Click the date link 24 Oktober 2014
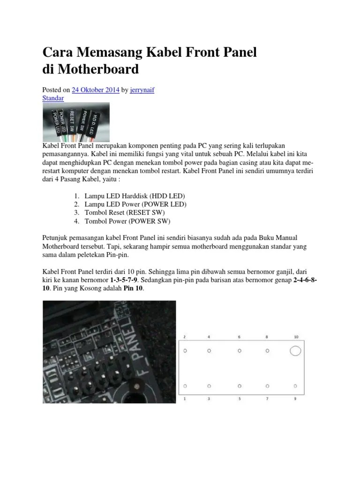click(x=96, y=90)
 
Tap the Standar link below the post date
click(x=53, y=98)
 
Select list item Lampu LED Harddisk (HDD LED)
click(x=135, y=195)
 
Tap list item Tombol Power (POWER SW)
click(x=127, y=221)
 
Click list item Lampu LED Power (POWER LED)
click(x=135, y=204)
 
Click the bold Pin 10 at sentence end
click(x=134, y=289)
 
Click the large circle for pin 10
click(x=295, y=351)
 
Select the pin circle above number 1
click(x=185, y=386)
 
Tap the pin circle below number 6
click(x=240, y=351)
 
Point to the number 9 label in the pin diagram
click(x=295, y=399)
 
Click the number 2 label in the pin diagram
click(x=185, y=337)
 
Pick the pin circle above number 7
click(x=268, y=386)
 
